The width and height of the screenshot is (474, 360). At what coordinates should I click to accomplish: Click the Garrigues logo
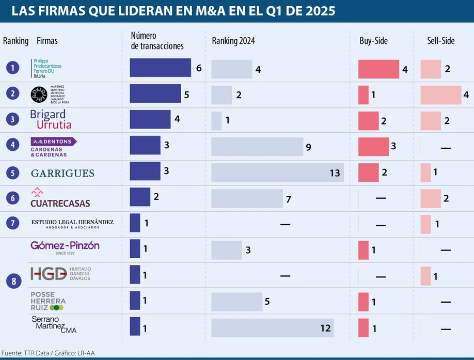click(62, 173)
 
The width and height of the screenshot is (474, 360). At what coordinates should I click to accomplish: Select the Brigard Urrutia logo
click(51, 119)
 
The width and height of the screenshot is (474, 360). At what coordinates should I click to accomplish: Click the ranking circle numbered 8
click(13, 281)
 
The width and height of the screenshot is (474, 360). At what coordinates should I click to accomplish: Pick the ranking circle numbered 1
click(13, 67)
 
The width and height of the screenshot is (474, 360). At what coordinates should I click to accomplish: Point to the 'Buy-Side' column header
click(373, 41)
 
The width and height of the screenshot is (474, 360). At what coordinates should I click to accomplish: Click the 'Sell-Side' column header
click(440, 41)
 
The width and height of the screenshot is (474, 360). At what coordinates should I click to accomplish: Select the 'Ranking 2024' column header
click(233, 41)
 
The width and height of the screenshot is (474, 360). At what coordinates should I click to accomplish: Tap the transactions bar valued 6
click(160, 68)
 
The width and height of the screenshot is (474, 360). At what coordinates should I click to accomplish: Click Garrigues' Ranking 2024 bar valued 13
click(277, 173)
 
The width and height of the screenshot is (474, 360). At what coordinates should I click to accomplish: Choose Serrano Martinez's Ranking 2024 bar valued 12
click(272, 328)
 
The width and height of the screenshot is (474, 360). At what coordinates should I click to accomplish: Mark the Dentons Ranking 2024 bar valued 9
click(257, 146)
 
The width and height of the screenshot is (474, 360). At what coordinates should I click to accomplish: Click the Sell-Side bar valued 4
click(440, 95)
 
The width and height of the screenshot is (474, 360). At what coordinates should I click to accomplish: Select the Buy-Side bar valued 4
click(378, 69)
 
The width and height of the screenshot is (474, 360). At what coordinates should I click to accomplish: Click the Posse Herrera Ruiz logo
click(48, 301)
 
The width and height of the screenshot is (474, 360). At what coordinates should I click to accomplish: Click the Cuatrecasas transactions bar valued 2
click(140, 197)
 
